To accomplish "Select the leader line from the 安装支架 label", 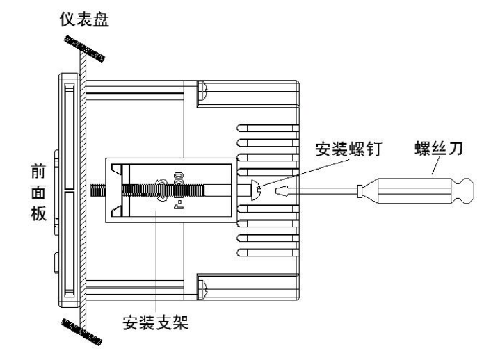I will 156,264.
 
